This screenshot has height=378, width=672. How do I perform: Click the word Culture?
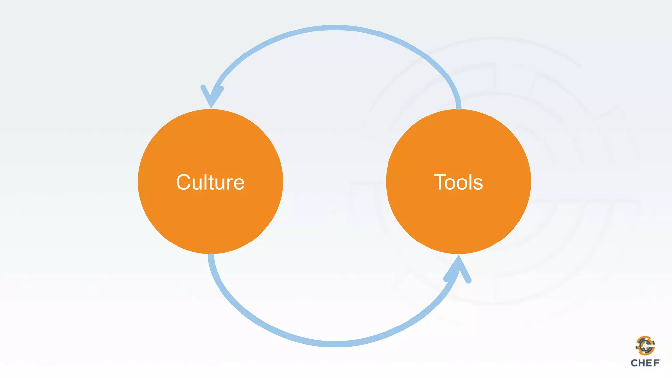pos(210,182)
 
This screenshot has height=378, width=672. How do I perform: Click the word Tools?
pos(458,182)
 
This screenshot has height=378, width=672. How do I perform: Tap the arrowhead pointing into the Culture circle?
pos(212,97)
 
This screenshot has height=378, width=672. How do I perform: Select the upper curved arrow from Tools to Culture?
pos(335,28)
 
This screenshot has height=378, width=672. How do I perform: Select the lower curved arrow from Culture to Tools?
pos(335,344)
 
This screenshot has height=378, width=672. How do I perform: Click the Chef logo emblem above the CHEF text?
pos(645,346)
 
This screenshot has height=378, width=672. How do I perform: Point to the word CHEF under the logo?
pos(645,363)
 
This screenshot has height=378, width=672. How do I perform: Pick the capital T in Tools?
pos(440,182)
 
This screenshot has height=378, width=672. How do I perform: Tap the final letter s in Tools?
pos(478,184)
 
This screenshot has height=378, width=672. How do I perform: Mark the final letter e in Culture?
pos(239,184)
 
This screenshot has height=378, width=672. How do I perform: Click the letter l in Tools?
pos(470,182)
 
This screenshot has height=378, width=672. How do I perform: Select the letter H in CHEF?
pos(641,363)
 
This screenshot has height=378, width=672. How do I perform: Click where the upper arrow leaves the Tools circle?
pos(458,107)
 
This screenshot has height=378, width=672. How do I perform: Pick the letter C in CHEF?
pos(634,363)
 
